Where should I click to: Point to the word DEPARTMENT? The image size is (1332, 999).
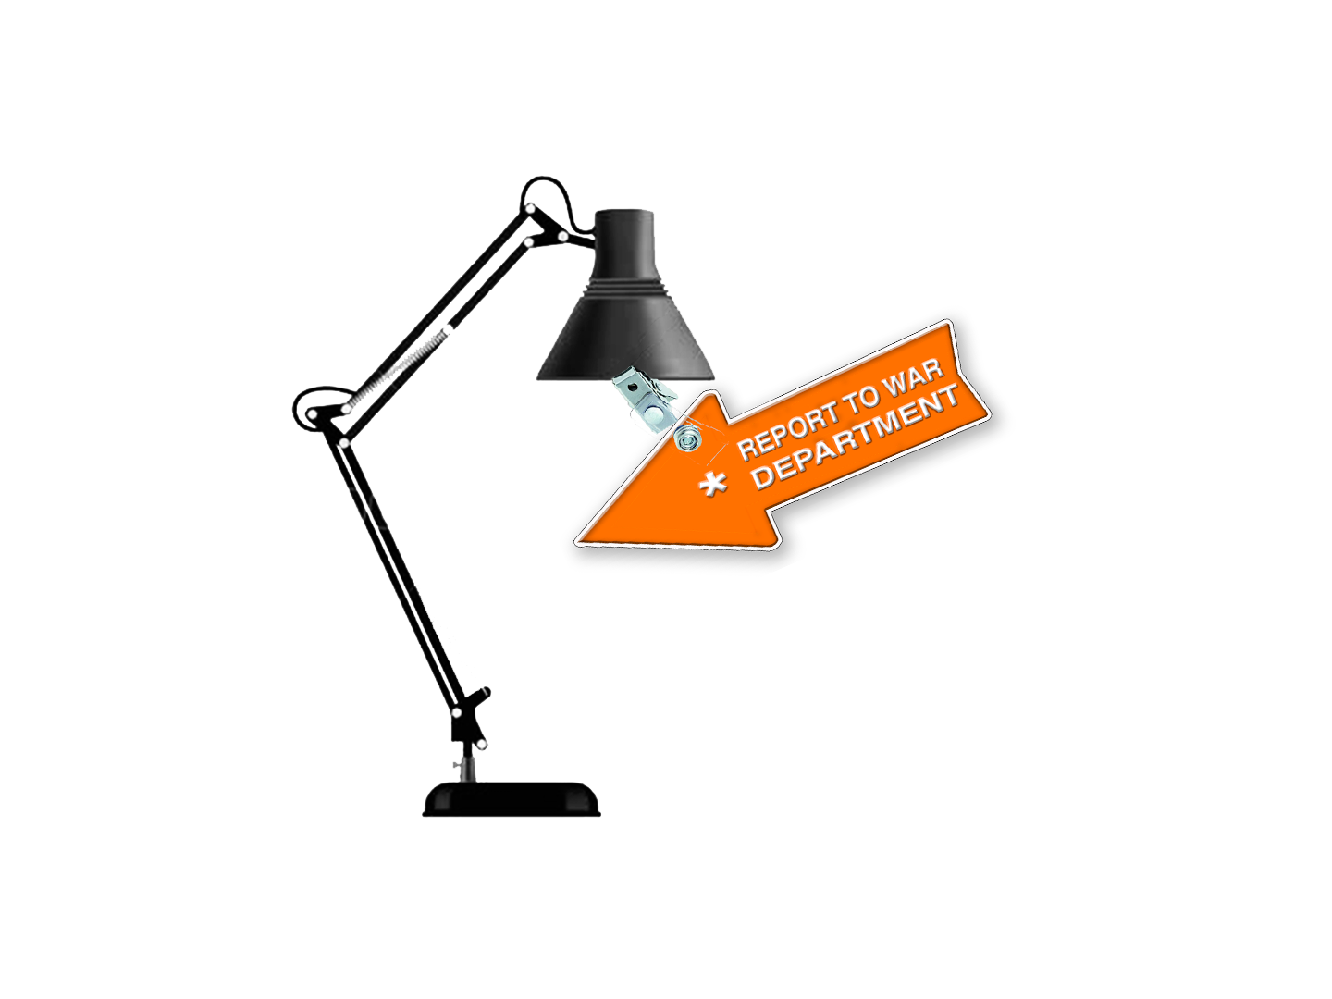[x=855, y=438]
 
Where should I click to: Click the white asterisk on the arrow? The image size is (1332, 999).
[x=712, y=484]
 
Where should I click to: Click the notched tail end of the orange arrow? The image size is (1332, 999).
[x=971, y=370]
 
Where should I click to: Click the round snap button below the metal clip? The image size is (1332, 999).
[x=685, y=439]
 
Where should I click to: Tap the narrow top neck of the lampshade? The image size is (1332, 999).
[x=623, y=242]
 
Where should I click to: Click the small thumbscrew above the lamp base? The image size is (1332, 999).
[x=456, y=765]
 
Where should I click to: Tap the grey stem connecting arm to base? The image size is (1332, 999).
[x=467, y=768]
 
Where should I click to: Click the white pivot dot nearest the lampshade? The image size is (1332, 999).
[x=562, y=237]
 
